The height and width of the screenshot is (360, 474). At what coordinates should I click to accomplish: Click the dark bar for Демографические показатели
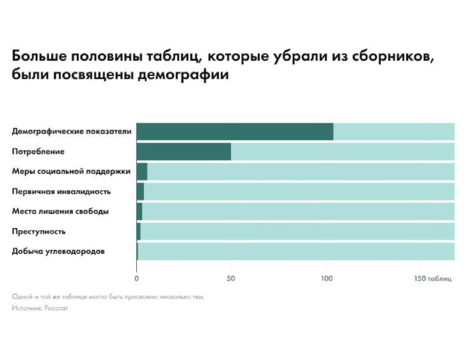click(x=235, y=132)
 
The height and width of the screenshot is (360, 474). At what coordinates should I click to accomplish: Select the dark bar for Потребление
click(x=184, y=152)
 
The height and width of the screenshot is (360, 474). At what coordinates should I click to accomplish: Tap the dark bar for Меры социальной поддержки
click(x=142, y=171)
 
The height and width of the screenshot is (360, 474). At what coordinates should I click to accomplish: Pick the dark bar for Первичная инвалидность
click(x=140, y=192)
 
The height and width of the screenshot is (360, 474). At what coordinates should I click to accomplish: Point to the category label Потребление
click(x=38, y=152)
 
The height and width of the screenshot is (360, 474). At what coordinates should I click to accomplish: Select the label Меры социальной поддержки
click(x=71, y=171)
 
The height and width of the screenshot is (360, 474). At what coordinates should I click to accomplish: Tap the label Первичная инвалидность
click(x=61, y=192)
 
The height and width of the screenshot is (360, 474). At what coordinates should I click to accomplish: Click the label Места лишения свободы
click(x=60, y=212)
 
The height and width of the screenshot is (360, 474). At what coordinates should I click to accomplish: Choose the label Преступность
click(x=39, y=231)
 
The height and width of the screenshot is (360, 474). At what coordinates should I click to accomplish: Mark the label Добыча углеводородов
click(x=58, y=251)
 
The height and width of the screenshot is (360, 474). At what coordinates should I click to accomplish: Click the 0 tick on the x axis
click(x=137, y=278)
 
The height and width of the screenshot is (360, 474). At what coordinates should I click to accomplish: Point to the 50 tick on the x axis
click(x=231, y=278)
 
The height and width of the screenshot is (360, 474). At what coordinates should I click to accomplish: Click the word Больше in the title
click(x=39, y=58)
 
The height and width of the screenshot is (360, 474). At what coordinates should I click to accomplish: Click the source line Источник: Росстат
click(x=39, y=308)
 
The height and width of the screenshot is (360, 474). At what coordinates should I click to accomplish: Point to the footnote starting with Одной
click(x=108, y=297)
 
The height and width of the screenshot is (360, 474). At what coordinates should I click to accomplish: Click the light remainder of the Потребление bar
click(x=342, y=152)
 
